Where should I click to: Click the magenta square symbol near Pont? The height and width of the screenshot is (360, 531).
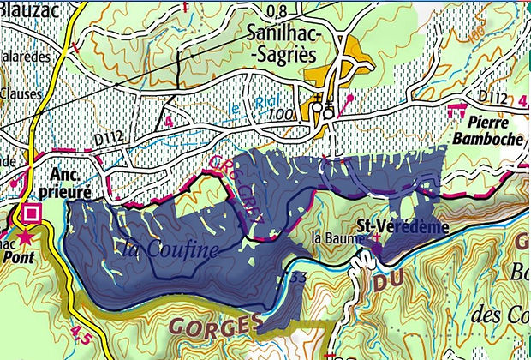[x=33, y=213]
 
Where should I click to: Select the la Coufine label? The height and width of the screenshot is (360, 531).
[x=170, y=249]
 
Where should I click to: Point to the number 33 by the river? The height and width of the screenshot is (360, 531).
[x=297, y=277]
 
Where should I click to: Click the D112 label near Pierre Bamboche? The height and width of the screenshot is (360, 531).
[x=493, y=95]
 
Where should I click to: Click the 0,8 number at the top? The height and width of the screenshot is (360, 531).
[x=277, y=11]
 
